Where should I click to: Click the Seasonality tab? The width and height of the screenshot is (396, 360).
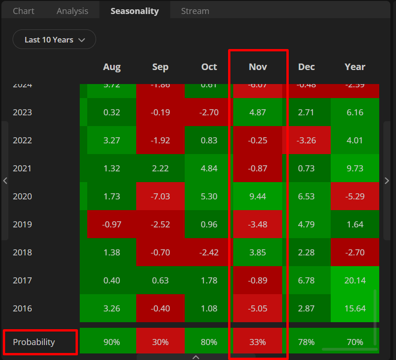coord(134,11)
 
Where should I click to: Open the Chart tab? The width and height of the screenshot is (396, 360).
coord(23,11)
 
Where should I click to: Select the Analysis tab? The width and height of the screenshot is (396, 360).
coord(72,11)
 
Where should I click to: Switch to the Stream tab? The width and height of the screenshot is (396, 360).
coord(195,11)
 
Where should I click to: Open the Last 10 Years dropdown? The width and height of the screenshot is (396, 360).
coord(54,40)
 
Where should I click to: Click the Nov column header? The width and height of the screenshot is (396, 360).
coord(258,67)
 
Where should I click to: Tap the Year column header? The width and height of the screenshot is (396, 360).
coord(355,67)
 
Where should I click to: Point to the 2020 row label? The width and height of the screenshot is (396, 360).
coord(22,196)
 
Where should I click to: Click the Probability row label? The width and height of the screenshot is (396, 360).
coord(34,342)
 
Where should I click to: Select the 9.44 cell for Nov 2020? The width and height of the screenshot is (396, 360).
coord(258,196)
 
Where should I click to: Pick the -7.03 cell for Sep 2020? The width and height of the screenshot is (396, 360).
coord(160,196)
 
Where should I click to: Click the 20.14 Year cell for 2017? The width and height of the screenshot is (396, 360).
coord(355,280)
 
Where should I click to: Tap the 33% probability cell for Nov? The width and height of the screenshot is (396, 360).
coord(258,342)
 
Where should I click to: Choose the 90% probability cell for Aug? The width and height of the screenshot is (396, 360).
coord(112,342)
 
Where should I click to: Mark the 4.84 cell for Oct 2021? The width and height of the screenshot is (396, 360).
coord(209,168)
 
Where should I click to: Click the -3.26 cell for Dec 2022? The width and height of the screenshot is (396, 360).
coord(306,140)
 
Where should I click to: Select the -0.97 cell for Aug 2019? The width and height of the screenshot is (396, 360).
coord(112,224)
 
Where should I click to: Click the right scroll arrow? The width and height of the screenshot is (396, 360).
coord(387,181)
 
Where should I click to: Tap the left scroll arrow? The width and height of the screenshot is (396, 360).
coord(5,181)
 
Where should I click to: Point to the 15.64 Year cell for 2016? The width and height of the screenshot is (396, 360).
coord(355,308)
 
